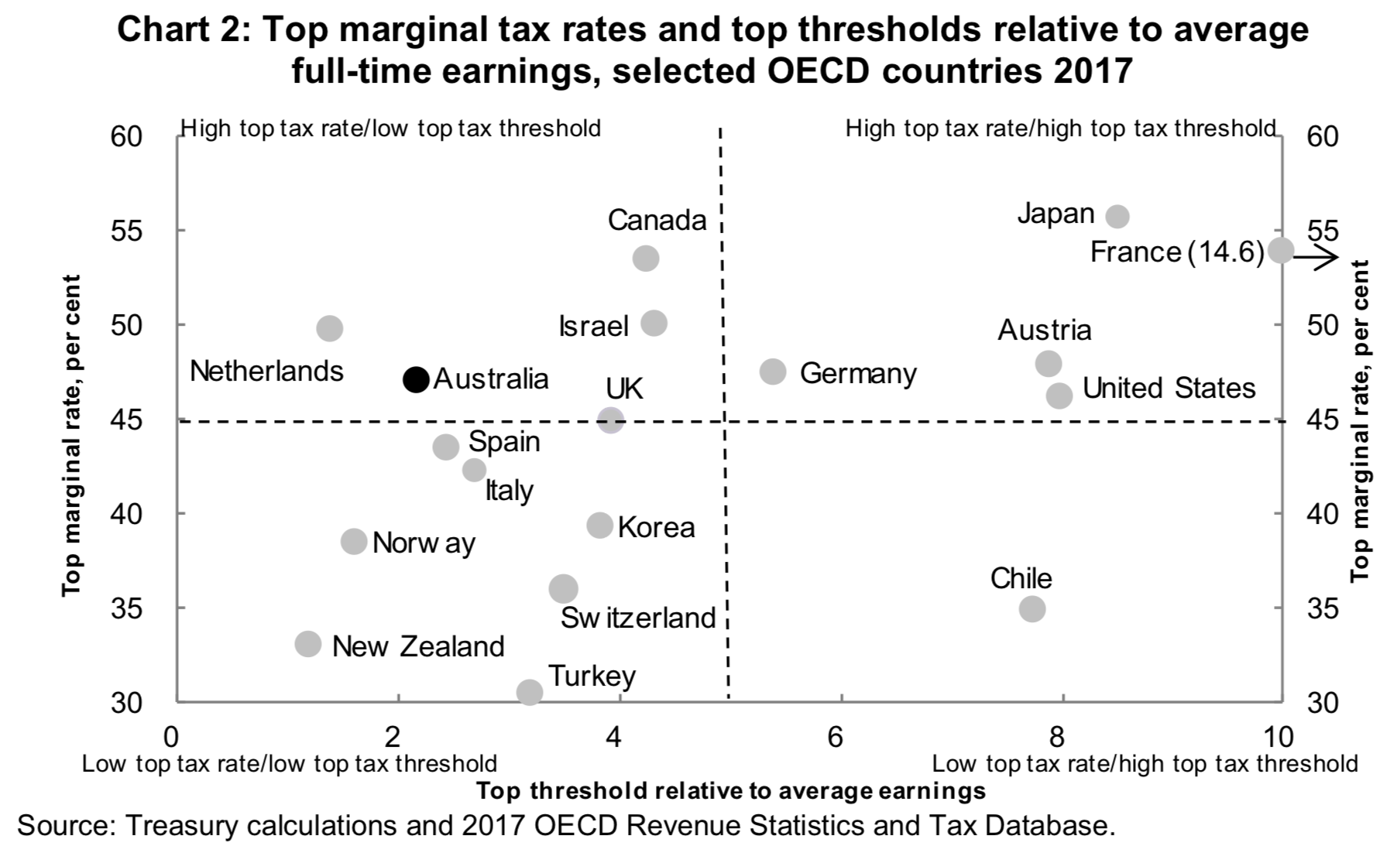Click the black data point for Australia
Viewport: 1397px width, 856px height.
(x=416, y=378)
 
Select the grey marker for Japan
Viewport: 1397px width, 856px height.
(x=1117, y=216)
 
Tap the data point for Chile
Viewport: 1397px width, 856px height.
(x=1031, y=608)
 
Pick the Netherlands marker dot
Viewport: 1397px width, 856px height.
(x=330, y=328)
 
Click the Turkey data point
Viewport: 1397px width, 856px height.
(x=529, y=691)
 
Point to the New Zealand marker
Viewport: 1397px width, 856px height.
(x=308, y=643)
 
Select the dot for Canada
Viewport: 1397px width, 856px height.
(x=645, y=258)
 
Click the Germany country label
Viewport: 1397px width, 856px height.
(x=857, y=373)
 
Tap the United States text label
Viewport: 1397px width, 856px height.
(x=1168, y=388)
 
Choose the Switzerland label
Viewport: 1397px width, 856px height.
(x=637, y=618)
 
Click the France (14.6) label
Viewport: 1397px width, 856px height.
(x=1176, y=252)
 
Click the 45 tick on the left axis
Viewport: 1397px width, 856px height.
(x=130, y=420)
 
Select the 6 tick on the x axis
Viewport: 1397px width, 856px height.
(x=835, y=736)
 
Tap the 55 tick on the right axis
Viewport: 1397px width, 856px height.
(x=1323, y=231)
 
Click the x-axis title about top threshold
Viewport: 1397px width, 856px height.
(x=730, y=790)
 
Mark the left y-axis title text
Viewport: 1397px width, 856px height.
(x=72, y=436)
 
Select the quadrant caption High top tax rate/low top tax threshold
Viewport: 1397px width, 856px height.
(x=390, y=128)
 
